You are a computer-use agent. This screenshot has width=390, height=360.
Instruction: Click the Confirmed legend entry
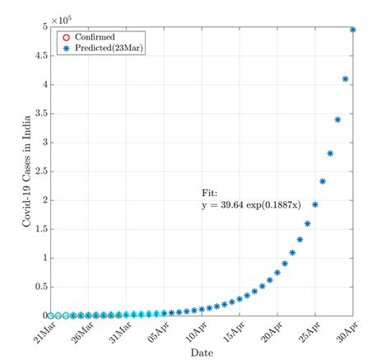[x=93, y=38]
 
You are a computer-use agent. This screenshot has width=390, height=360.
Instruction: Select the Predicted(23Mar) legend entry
[x=103, y=49]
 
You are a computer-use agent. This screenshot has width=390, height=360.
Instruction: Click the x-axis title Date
[x=202, y=352]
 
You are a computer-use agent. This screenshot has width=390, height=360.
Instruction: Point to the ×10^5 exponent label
[x=60, y=18]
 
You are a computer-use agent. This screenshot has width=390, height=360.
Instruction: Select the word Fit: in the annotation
[x=211, y=193]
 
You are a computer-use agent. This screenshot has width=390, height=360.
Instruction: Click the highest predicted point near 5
[x=353, y=30]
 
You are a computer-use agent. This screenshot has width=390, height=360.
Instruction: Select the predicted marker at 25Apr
[x=315, y=204]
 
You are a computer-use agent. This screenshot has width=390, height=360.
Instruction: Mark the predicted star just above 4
[x=346, y=79]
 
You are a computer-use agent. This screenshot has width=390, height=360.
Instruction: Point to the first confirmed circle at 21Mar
[x=50, y=315]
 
